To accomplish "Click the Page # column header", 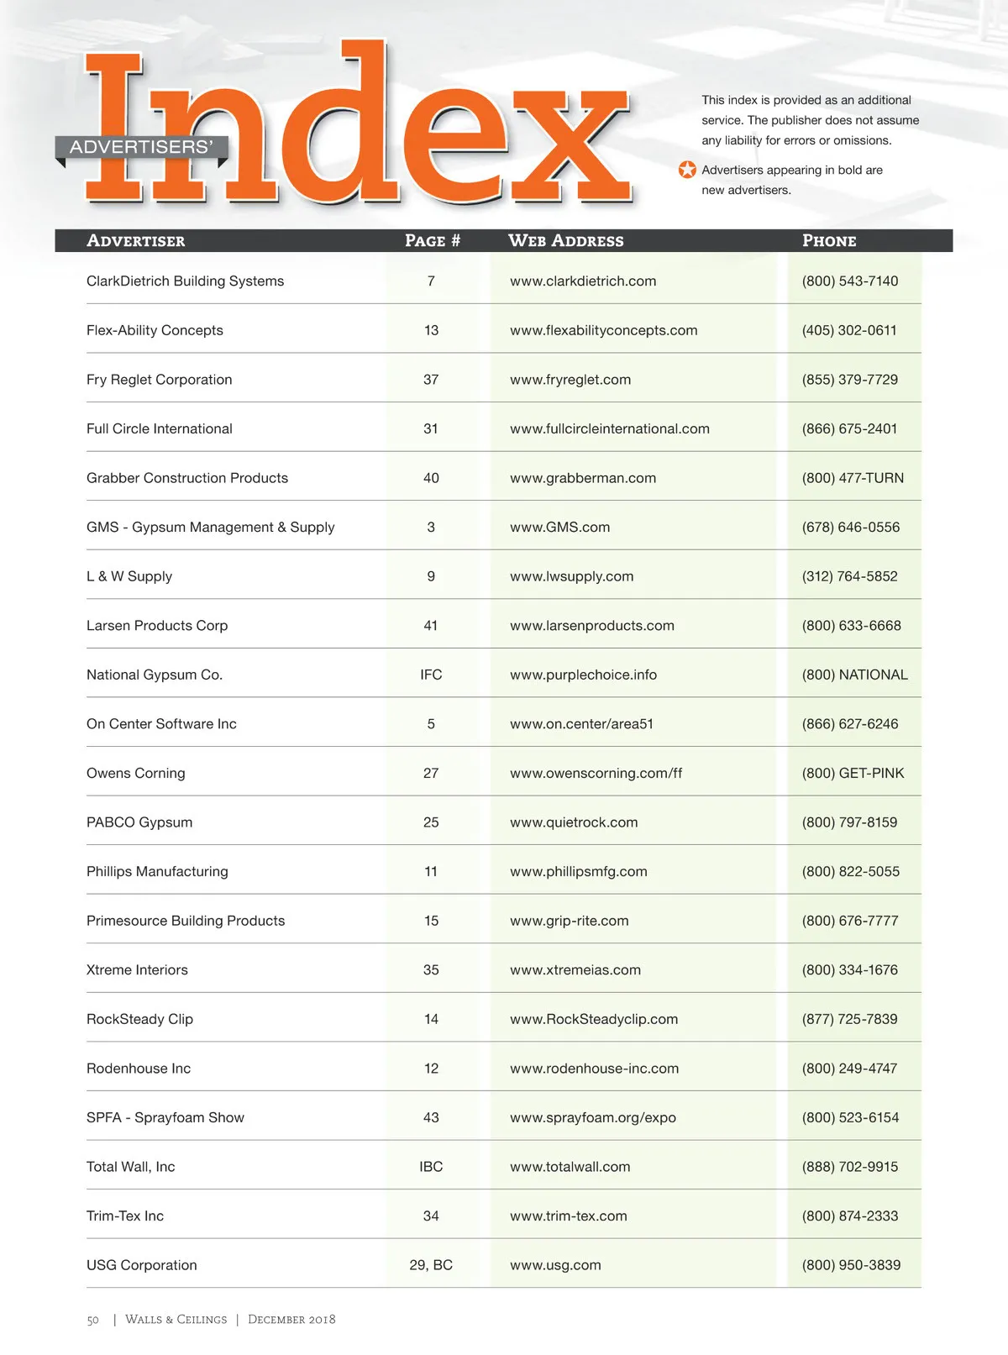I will tap(432, 241).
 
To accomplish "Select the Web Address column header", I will tap(565, 241).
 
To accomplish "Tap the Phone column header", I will tap(829, 241).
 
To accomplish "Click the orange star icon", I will tap(687, 170).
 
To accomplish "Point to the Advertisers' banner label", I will tap(141, 147).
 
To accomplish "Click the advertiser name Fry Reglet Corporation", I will tap(159, 380).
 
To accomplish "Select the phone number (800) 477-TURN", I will tap(853, 478).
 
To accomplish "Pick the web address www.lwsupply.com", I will tap(571, 576).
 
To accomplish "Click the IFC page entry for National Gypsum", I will tap(431, 675).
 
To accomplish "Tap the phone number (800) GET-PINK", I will tap(853, 773).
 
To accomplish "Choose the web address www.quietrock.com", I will tap(574, 822).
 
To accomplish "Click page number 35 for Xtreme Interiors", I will tap(431, 969).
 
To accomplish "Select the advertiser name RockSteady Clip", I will tap(139, 1019).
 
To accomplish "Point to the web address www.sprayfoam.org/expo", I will tap(592, 1117).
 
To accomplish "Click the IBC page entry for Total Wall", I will tap(431, 1167).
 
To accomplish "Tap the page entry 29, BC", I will tap(431, 1265).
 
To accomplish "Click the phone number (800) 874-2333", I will tap(850, 1216).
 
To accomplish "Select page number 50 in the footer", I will tap(92, 1320).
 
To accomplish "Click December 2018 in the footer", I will tap(291, 1320).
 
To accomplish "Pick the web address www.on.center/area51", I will tap(581, 724).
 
